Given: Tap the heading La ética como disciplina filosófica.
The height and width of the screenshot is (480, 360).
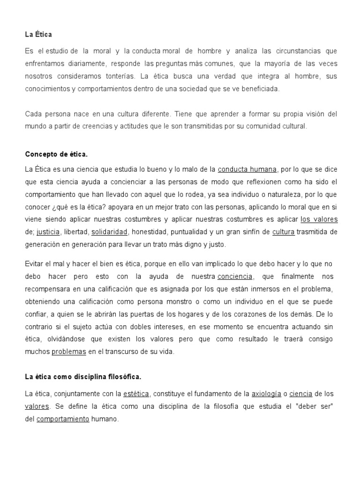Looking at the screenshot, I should [82, 376].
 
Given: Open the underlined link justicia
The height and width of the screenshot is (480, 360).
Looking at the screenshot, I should [48, 232].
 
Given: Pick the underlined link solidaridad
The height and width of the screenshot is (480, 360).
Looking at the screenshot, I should [109, 232].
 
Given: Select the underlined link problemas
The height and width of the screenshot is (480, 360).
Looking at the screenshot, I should [68, 352].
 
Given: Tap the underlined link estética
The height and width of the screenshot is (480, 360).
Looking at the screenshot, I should [136, 394].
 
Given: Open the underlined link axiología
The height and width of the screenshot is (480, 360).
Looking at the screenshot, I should [266, 394].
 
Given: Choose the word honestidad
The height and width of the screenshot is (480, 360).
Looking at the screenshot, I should [152, 232].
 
